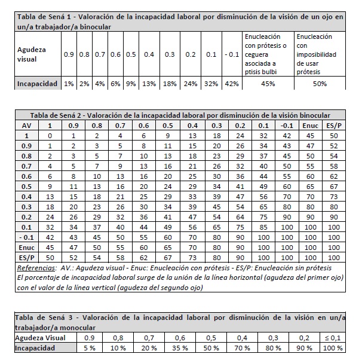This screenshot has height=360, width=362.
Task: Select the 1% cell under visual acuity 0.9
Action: tap(69, 84)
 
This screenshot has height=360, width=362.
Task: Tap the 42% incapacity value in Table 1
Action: tap(231, 84)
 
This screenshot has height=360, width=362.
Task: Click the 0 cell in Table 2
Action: tap(50, 136)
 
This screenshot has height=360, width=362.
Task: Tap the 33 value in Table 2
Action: tap(192, 197)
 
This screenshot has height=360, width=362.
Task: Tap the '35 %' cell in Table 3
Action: tap(179, 346)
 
